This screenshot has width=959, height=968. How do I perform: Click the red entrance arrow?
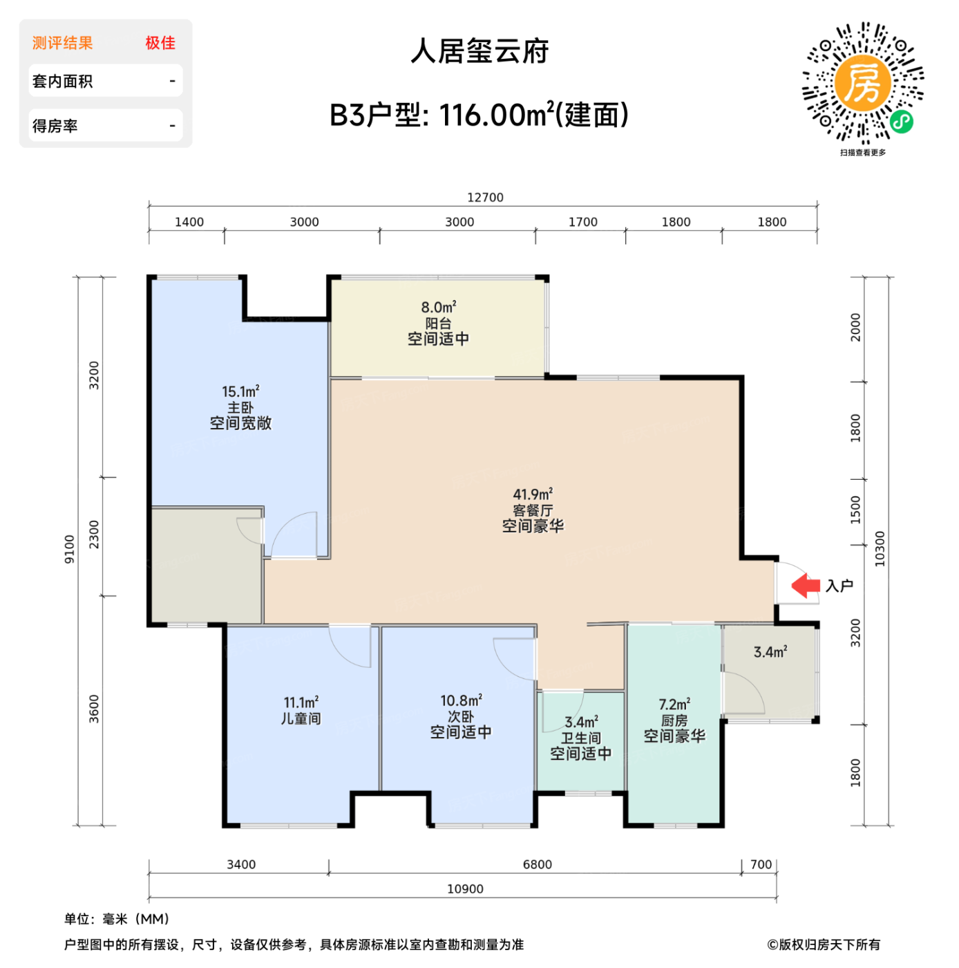805,586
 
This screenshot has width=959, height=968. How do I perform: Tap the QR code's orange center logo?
862,83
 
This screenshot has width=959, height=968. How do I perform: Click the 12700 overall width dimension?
485,198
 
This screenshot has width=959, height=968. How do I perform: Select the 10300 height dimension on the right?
880,549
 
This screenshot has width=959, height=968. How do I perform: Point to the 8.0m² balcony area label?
439,307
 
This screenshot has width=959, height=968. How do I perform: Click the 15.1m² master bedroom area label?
240,392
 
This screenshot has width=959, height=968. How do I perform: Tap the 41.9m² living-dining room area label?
533,494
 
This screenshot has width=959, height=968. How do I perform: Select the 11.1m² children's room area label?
301,702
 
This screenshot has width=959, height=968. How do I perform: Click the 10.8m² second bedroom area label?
461,701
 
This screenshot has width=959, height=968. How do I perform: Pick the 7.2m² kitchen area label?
674,705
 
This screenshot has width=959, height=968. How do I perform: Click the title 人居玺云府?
479,52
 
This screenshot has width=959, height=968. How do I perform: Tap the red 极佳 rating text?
160,43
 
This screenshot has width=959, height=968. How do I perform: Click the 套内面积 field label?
62,82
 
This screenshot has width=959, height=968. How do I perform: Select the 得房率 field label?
55,126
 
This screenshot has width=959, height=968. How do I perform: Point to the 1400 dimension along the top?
189,222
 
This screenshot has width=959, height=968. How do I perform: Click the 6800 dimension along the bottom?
537,864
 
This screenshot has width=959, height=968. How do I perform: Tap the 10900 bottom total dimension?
465,889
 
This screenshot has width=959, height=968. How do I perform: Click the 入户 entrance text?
839,586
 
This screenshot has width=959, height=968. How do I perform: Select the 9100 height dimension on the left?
69,549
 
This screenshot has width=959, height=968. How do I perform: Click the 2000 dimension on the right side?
855,327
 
